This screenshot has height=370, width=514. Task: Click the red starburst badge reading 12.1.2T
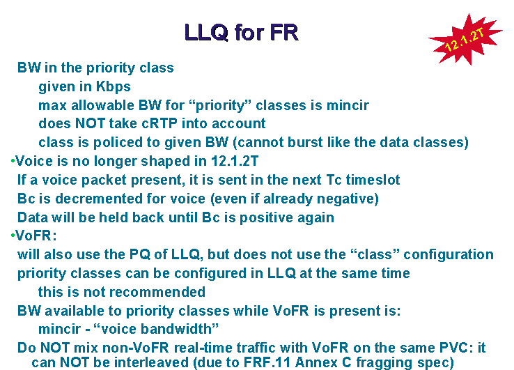coord(466,40)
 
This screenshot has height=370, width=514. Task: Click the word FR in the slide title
coord(284,33)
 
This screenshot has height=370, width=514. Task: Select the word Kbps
coord(113,87)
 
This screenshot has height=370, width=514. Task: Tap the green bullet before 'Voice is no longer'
coord(13,161)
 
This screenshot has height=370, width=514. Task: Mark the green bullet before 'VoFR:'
coord(13,236)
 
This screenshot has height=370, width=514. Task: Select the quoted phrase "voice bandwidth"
coord(156,329)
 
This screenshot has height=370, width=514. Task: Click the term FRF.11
coord(267,362)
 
